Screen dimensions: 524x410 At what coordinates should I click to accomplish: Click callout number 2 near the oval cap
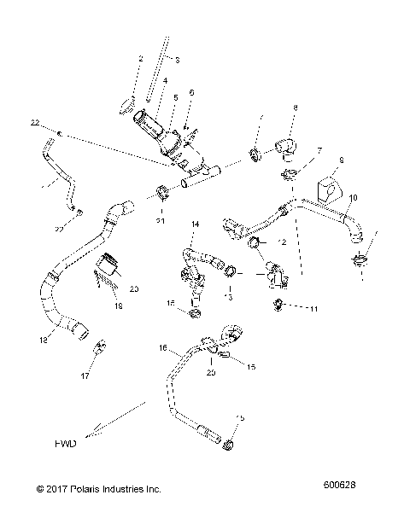click(139, 58)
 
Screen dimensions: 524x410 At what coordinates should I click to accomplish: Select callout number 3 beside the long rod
click(177, 60)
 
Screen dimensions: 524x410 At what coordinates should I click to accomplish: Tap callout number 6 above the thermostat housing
click(191, 92)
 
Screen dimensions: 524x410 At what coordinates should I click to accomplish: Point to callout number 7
click(319, 149)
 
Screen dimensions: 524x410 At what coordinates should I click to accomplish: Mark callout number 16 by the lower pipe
click(161, 349)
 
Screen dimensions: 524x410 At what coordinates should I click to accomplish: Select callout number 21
click(160, 222)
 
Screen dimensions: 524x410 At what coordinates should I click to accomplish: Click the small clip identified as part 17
click(101, 346)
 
